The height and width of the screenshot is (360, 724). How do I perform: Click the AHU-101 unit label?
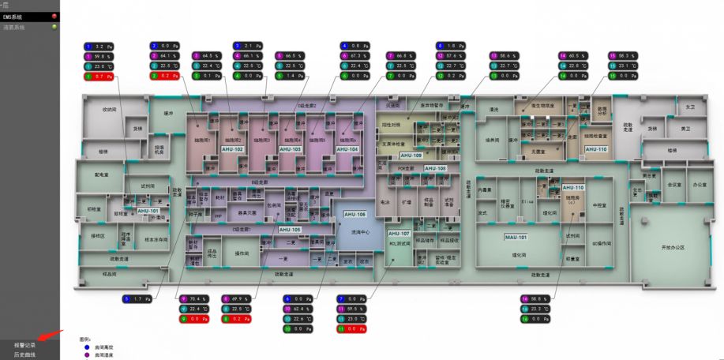pos(148,212)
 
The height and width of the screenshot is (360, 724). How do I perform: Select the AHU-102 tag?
pos(233,149)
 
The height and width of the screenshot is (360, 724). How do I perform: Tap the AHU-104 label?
pos(347,149)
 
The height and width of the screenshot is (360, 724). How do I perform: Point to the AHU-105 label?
pos(289,229)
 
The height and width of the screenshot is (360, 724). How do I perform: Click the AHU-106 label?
pos(355,214)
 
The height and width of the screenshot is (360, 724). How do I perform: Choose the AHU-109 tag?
pos(412,156)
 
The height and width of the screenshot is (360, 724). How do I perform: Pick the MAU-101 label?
pos(516,237)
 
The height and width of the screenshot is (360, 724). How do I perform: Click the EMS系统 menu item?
pos(13,16)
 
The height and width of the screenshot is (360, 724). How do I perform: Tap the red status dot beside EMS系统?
pos(54,16)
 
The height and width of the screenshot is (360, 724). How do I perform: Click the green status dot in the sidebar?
pos(54,27)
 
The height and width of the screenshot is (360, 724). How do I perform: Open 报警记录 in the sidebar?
pos(24,345)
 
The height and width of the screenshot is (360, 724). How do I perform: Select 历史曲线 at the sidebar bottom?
pos(24,354)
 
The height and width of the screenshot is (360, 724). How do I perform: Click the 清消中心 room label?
pos(359,233)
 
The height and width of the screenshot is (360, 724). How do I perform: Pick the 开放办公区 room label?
pos(672,247)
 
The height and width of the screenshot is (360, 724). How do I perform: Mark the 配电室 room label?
pos(101,174)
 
